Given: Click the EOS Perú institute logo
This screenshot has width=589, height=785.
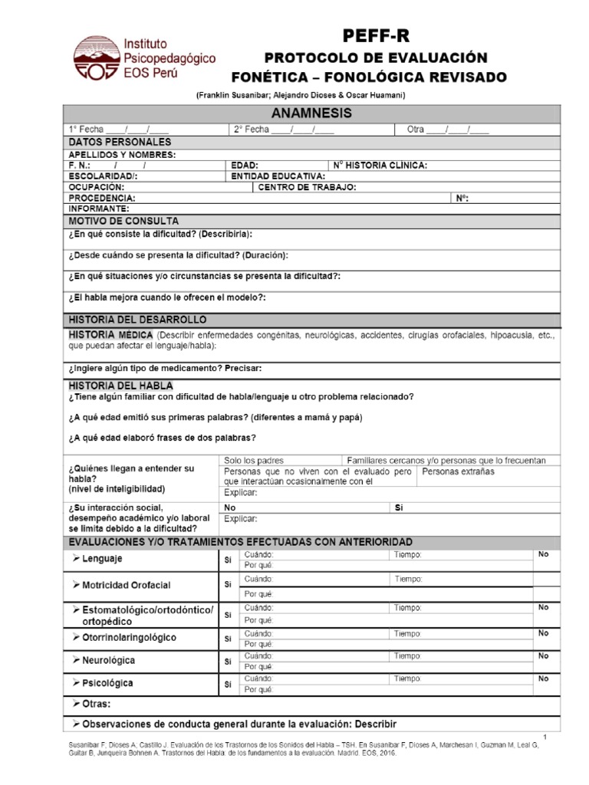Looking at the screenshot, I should [x=144, y=58].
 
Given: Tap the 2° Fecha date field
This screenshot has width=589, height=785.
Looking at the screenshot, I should [x=284, y=130].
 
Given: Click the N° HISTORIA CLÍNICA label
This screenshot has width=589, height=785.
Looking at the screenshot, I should [x=380, y=165].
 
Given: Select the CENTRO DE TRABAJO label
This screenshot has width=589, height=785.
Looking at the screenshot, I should [x=307, y=186].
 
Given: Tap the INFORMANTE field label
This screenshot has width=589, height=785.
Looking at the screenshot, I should [x=99, y=208].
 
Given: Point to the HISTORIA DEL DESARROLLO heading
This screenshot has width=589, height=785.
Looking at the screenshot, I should [x=137, y=319].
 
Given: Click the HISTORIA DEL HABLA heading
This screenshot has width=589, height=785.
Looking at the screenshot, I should [x=120, y=385].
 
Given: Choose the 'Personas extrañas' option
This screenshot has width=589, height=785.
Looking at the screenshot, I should [x=458, y=471].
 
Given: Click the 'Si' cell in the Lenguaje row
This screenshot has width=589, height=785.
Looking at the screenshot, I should [x=227, y=559].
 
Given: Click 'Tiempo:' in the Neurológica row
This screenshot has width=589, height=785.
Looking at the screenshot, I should [x=408, y=656].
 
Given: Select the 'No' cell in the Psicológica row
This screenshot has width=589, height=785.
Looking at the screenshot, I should [x=543, y=678].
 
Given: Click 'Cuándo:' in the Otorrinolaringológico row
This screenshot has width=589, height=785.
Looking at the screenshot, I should [x=258, y=633].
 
